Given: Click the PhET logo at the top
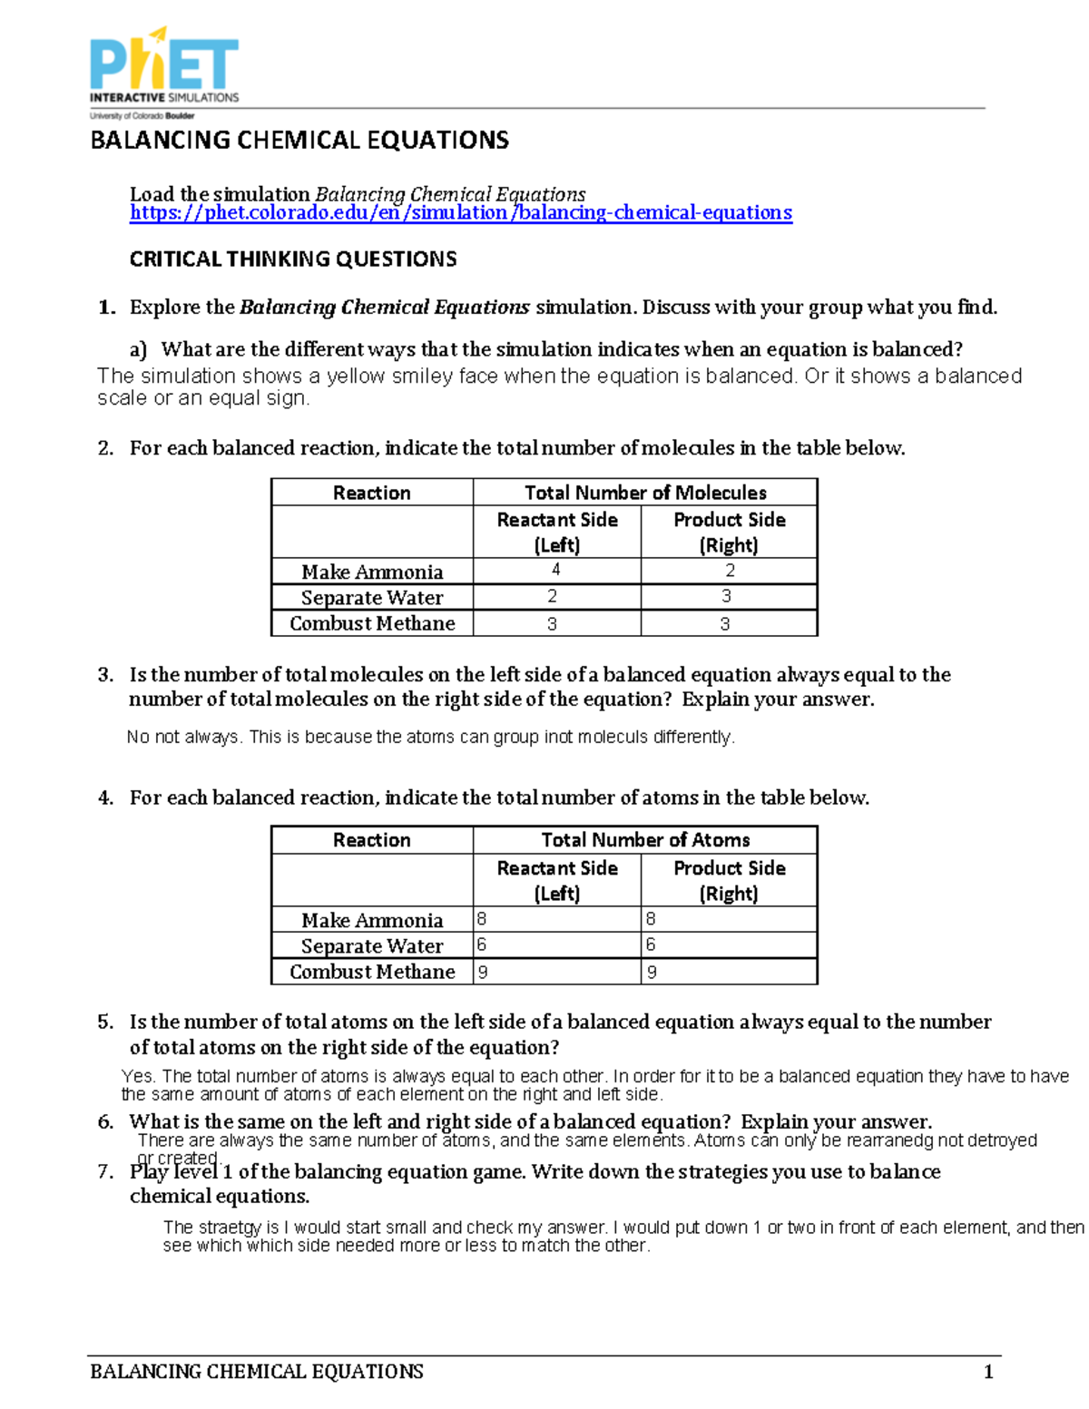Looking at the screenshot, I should click(164, 68).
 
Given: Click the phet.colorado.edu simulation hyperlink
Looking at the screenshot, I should click(461, 213).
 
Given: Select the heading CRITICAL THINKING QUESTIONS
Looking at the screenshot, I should click(293, 259).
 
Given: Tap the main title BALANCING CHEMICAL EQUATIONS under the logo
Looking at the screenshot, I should click(299, 141).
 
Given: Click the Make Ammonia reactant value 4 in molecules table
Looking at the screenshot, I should click(555, 570).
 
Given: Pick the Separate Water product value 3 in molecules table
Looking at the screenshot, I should click(726, 596).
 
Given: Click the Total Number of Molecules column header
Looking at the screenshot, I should click(645, 493).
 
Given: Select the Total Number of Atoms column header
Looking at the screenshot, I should click(645, 840).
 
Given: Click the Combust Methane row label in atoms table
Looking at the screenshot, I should click(372, 972).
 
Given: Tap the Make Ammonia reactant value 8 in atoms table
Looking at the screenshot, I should click(482, 919).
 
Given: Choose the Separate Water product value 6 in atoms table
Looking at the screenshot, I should click(651, 944).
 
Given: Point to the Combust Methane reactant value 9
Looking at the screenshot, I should click(483, 972).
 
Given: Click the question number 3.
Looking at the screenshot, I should click(105, 675).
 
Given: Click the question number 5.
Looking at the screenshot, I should click(105, 1023).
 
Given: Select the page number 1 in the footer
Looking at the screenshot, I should click(988, 1372).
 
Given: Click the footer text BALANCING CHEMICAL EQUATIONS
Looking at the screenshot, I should click(257, 1372).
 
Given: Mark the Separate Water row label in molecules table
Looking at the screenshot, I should click(372, 598).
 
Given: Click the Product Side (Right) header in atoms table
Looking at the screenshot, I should click(729, 880).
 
